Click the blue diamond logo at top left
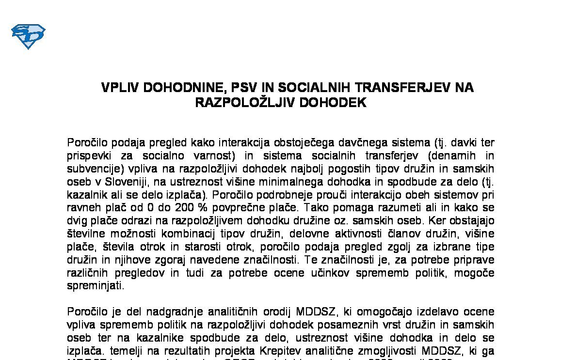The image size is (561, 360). [x=28, y=37]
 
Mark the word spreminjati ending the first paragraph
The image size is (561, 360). [x=95, y=286]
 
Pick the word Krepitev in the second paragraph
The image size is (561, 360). [x=344, y=350]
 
